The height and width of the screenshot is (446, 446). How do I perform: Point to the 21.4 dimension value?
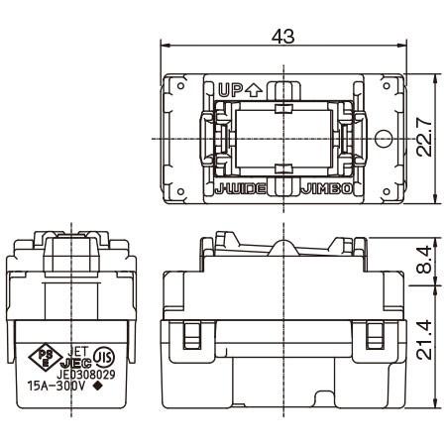pos(427,343)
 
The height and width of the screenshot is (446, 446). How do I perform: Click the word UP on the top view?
pos(230,89)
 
